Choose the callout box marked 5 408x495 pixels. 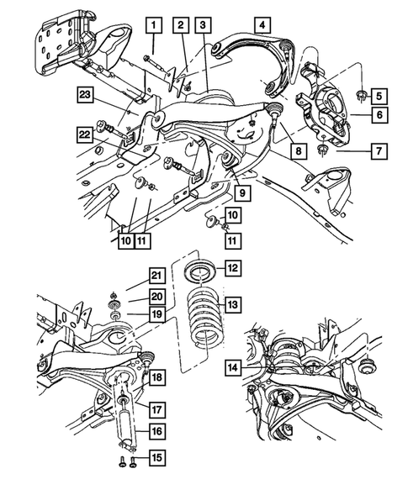[379, 95]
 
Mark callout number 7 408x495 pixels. [379, 151]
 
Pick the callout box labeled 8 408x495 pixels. [297, 152]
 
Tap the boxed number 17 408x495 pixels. [156, 409]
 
